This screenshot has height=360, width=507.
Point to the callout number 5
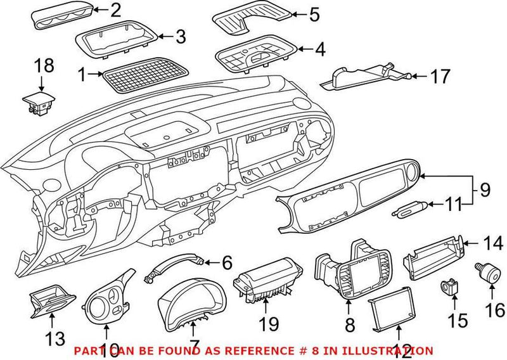[314, 15]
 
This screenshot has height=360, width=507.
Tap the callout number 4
[314, 48]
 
